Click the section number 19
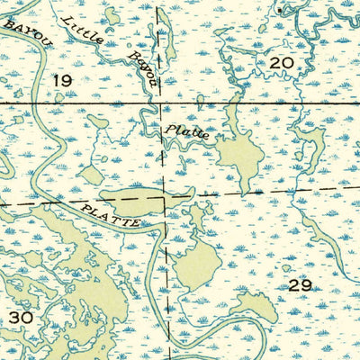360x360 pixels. [x=61, y=81]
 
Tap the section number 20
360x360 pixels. [x=281, y=62]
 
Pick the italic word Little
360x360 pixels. [x=80, y=30]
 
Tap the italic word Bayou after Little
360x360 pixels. [x=141, y=68]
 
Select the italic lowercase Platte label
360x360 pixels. [x=187, y=133]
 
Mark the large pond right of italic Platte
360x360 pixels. [x=238, y=155]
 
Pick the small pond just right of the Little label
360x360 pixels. [x=112, y=15]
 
